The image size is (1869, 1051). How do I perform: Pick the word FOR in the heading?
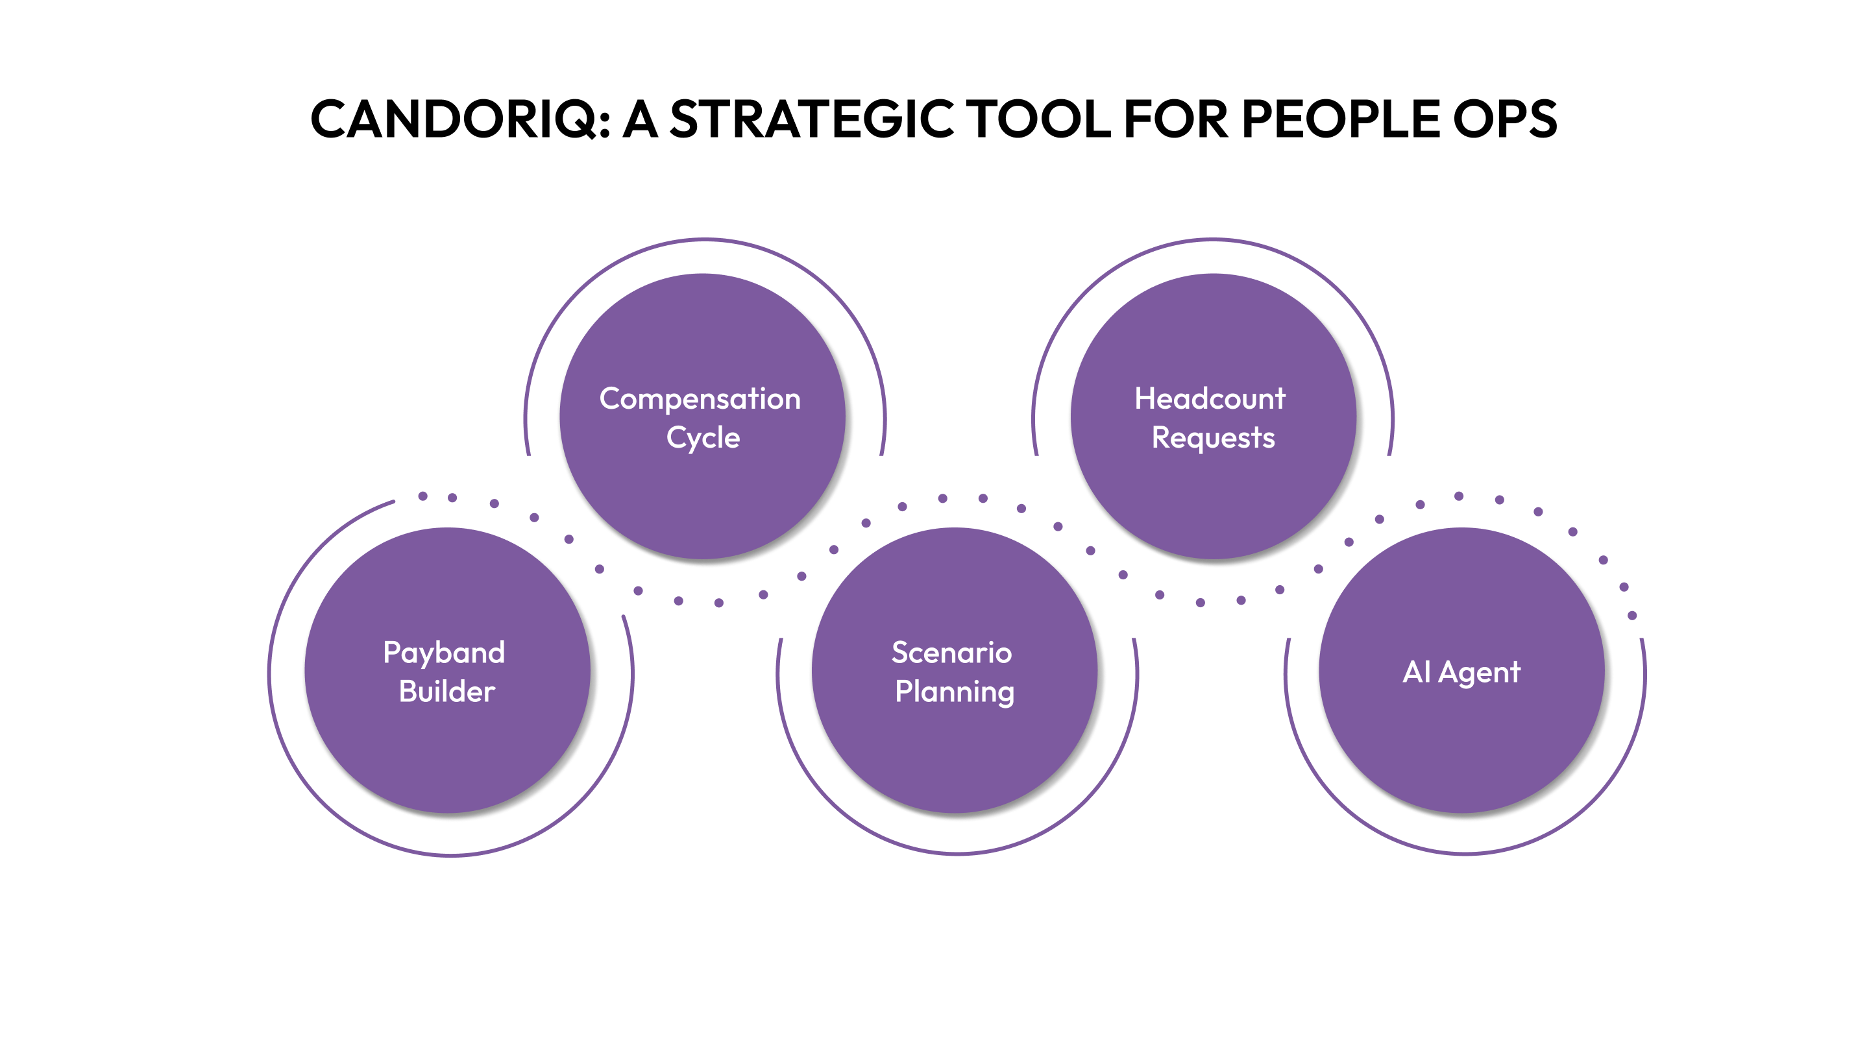[x=1175, y=119]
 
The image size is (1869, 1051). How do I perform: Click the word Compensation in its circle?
[x=700, y=400]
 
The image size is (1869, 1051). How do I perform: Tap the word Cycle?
[x=703, y=439]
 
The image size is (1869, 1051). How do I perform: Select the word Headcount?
[x=1210, y=399]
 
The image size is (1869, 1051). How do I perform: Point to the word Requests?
[x=1213, y=439]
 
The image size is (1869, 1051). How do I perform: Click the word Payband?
[x=444, y=653]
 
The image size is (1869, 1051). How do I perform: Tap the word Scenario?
[x=951, y=653]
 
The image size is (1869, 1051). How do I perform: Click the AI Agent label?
[x=1461, y=672]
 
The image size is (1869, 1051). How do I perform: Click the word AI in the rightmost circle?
[x=1416, y=671]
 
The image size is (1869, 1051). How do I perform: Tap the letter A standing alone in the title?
[x=641, y=119]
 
